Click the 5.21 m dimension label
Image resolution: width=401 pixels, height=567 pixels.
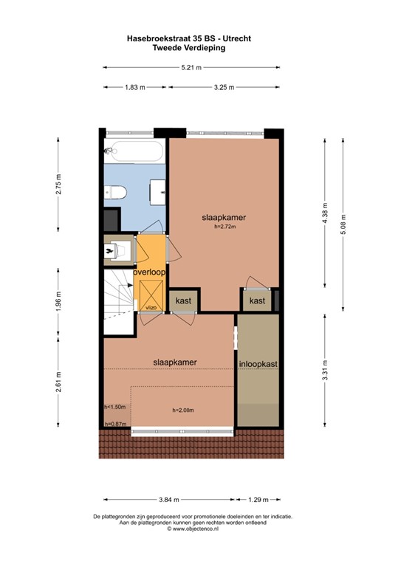192,68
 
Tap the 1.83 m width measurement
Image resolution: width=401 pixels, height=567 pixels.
135,87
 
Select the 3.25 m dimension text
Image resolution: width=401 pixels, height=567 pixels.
224,87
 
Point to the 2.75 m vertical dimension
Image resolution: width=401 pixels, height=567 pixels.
59,185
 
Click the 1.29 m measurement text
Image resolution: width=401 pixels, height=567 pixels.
258,498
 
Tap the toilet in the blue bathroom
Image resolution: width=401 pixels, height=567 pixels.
117,193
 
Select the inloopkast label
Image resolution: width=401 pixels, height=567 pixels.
258,364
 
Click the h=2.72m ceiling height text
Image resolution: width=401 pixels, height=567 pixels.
224,227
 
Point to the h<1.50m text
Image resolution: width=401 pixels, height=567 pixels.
115,407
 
